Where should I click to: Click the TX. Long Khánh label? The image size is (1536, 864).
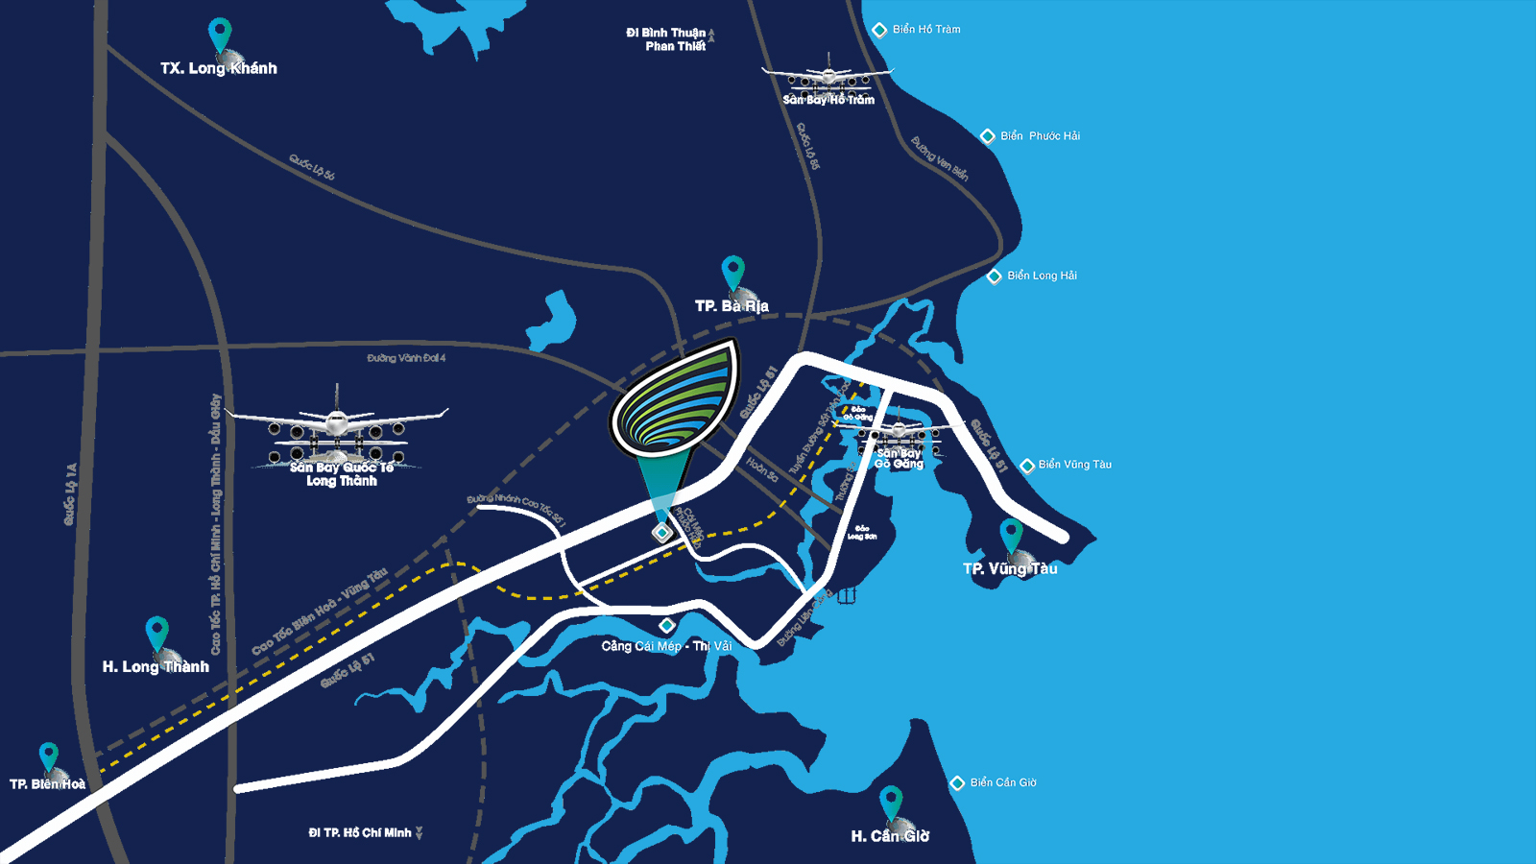point(219,68)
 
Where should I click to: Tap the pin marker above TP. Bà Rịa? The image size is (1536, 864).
point(733,271)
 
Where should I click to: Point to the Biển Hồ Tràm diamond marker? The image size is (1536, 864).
point(878,30)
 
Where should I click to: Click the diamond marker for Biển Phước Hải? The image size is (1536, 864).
point(987,136)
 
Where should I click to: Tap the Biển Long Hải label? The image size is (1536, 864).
point(1042,276)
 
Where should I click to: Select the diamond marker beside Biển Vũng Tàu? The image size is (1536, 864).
point(1027,466)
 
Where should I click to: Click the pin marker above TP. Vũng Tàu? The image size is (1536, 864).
point(1011,534)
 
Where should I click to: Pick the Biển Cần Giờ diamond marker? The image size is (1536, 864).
point(957,783)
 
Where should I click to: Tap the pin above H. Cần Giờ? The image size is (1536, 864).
point(891,801)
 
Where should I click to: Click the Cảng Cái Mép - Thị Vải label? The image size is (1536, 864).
point(666,646)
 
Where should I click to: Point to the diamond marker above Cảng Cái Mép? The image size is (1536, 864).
point(666,625)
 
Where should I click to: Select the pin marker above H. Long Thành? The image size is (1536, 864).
point(156,632)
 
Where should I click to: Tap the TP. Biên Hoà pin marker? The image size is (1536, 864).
point(48,756)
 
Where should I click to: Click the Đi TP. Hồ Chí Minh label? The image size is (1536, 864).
point(360,832)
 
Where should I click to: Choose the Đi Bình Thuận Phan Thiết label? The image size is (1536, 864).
point(666,39)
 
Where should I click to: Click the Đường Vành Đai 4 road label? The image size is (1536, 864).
point(406,358)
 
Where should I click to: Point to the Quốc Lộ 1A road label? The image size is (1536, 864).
point(70,494)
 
